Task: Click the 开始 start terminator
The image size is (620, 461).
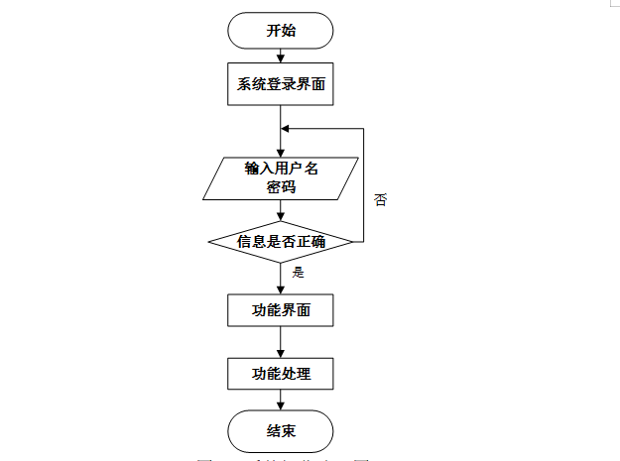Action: [281, 31]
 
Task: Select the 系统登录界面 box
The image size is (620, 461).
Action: [281, 85]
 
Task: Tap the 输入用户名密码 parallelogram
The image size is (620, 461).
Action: [281, 175]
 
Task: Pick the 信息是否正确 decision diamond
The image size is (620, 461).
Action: [281, 241]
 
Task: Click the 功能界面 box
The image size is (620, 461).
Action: [281, 310]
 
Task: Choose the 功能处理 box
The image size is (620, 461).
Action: [281, 374]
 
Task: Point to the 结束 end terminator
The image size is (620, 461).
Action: [281, 430]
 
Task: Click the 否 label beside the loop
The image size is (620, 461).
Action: [381, 199]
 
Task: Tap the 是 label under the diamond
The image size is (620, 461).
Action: [298, 272]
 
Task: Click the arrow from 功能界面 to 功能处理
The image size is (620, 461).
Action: [281, 342]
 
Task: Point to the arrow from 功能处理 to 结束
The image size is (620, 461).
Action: [281, 401]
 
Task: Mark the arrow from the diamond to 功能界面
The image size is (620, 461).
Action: [281, 279]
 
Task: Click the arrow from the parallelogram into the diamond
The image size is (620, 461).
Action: [281, 210]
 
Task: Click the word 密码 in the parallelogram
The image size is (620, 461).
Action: [281, 185]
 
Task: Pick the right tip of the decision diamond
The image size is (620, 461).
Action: [352, 241]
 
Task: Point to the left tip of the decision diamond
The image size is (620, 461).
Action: [209, 241]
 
